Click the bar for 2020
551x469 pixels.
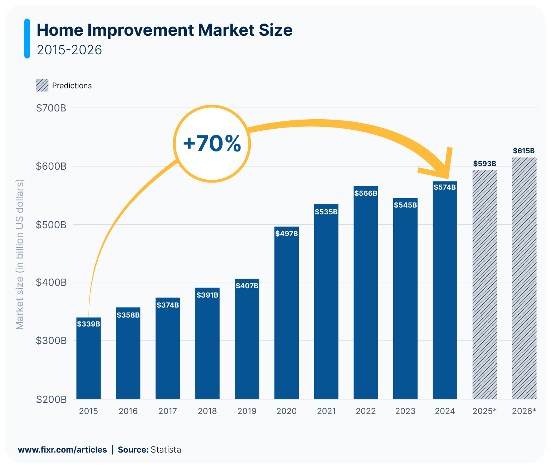(286, 314)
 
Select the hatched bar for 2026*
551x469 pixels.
(524, 279)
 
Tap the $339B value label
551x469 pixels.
(88, 324)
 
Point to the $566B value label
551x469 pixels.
(366, 193)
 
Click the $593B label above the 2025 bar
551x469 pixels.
(484, 164)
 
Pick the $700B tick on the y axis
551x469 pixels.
(51, 108)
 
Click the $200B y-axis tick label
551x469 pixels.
(51, 399)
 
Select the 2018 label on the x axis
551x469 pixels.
(207, 411)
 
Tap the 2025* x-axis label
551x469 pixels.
(484, 411)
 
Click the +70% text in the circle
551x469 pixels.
(212, 144)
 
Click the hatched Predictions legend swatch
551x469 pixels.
(42, 85)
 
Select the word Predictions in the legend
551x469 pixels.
(72, 86)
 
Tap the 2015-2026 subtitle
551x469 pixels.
(69, 50)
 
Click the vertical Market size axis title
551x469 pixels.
(20, 254)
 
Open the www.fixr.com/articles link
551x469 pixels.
(62, 450)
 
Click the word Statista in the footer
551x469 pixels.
(166, 450)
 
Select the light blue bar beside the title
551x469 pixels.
(27, 39)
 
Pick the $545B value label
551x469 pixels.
(405, 205)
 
